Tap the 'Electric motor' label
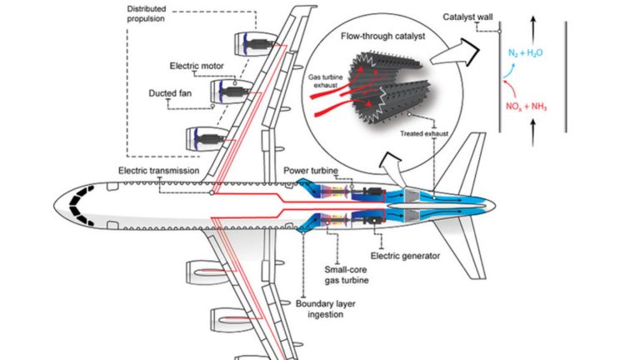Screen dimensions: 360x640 196,64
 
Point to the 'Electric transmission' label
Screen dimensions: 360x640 158,170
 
